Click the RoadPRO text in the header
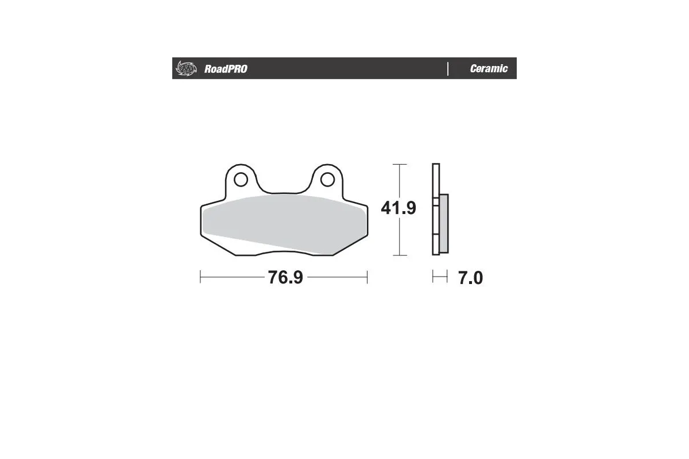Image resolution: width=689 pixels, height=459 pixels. (x=226, y=69)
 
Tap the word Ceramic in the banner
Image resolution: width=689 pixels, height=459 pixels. (x=489, y=69)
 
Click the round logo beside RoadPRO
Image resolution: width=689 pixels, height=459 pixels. (x=185, y=68)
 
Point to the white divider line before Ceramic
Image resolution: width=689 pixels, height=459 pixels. (x=448, y=68)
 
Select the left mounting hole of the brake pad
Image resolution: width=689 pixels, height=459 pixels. (x=241, y=180)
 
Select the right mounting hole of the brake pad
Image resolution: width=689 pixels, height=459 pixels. (x=327, y=180)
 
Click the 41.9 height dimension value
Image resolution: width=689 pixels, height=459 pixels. (x=398, y=208)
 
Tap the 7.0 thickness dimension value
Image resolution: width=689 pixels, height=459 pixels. (x=470, y=278)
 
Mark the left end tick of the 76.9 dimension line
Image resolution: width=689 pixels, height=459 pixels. (x=200, y=278)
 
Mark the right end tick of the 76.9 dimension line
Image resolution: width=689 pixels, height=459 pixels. (x=367, y=278)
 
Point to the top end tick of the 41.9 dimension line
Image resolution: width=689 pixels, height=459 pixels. (x=400, y=165)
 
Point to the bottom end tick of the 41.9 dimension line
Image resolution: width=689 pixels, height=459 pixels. (x=400, y=255)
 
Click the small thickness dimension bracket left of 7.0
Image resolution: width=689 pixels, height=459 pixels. (x=439, y=278)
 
